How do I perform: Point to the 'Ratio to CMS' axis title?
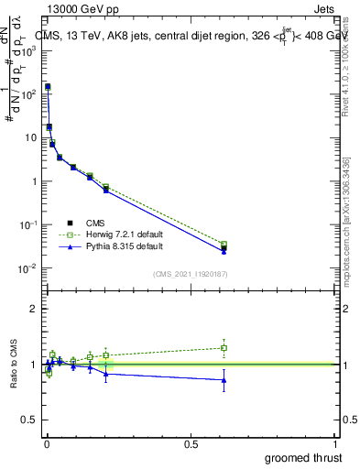click(14, 365)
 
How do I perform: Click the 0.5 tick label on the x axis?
click(191, 443)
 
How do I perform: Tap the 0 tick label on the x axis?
click(47, 443)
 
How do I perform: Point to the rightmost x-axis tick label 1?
click(336, 443)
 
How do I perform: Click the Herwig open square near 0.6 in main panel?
click(224, 245)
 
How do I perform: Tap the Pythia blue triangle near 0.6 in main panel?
click(224, 251)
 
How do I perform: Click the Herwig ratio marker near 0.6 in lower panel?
click(224, 348)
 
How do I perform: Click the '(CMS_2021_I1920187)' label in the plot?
click(191, 274)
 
